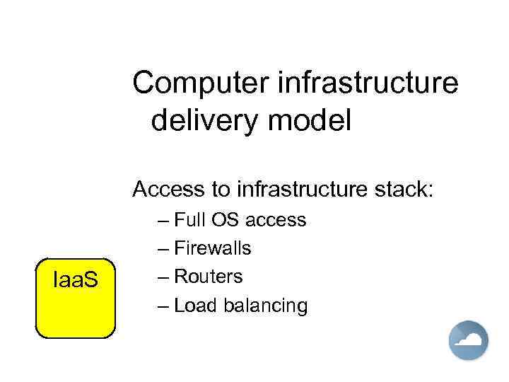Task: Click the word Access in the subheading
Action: click(x=165, y=190)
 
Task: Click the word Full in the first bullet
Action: click(x=189, y=220)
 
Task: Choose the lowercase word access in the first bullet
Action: click(x=276, y=220)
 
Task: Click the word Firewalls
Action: click(x=212, y=248)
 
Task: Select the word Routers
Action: click(x=208, y=277)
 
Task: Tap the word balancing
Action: click(x=265, y=306)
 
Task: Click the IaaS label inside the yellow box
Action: click(x=76, y=282)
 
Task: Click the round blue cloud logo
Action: click(x=468, y=340)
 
